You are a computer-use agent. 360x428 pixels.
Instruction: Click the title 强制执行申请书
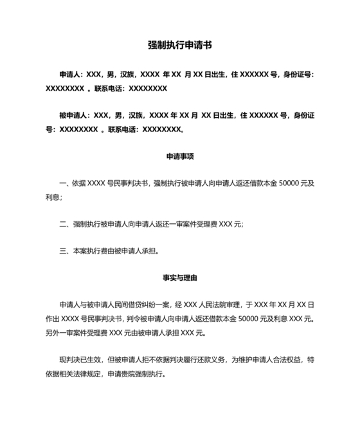point(180,45)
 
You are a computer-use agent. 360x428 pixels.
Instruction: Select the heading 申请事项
point(180,156)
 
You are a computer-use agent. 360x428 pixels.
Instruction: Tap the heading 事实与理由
point(180,278)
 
